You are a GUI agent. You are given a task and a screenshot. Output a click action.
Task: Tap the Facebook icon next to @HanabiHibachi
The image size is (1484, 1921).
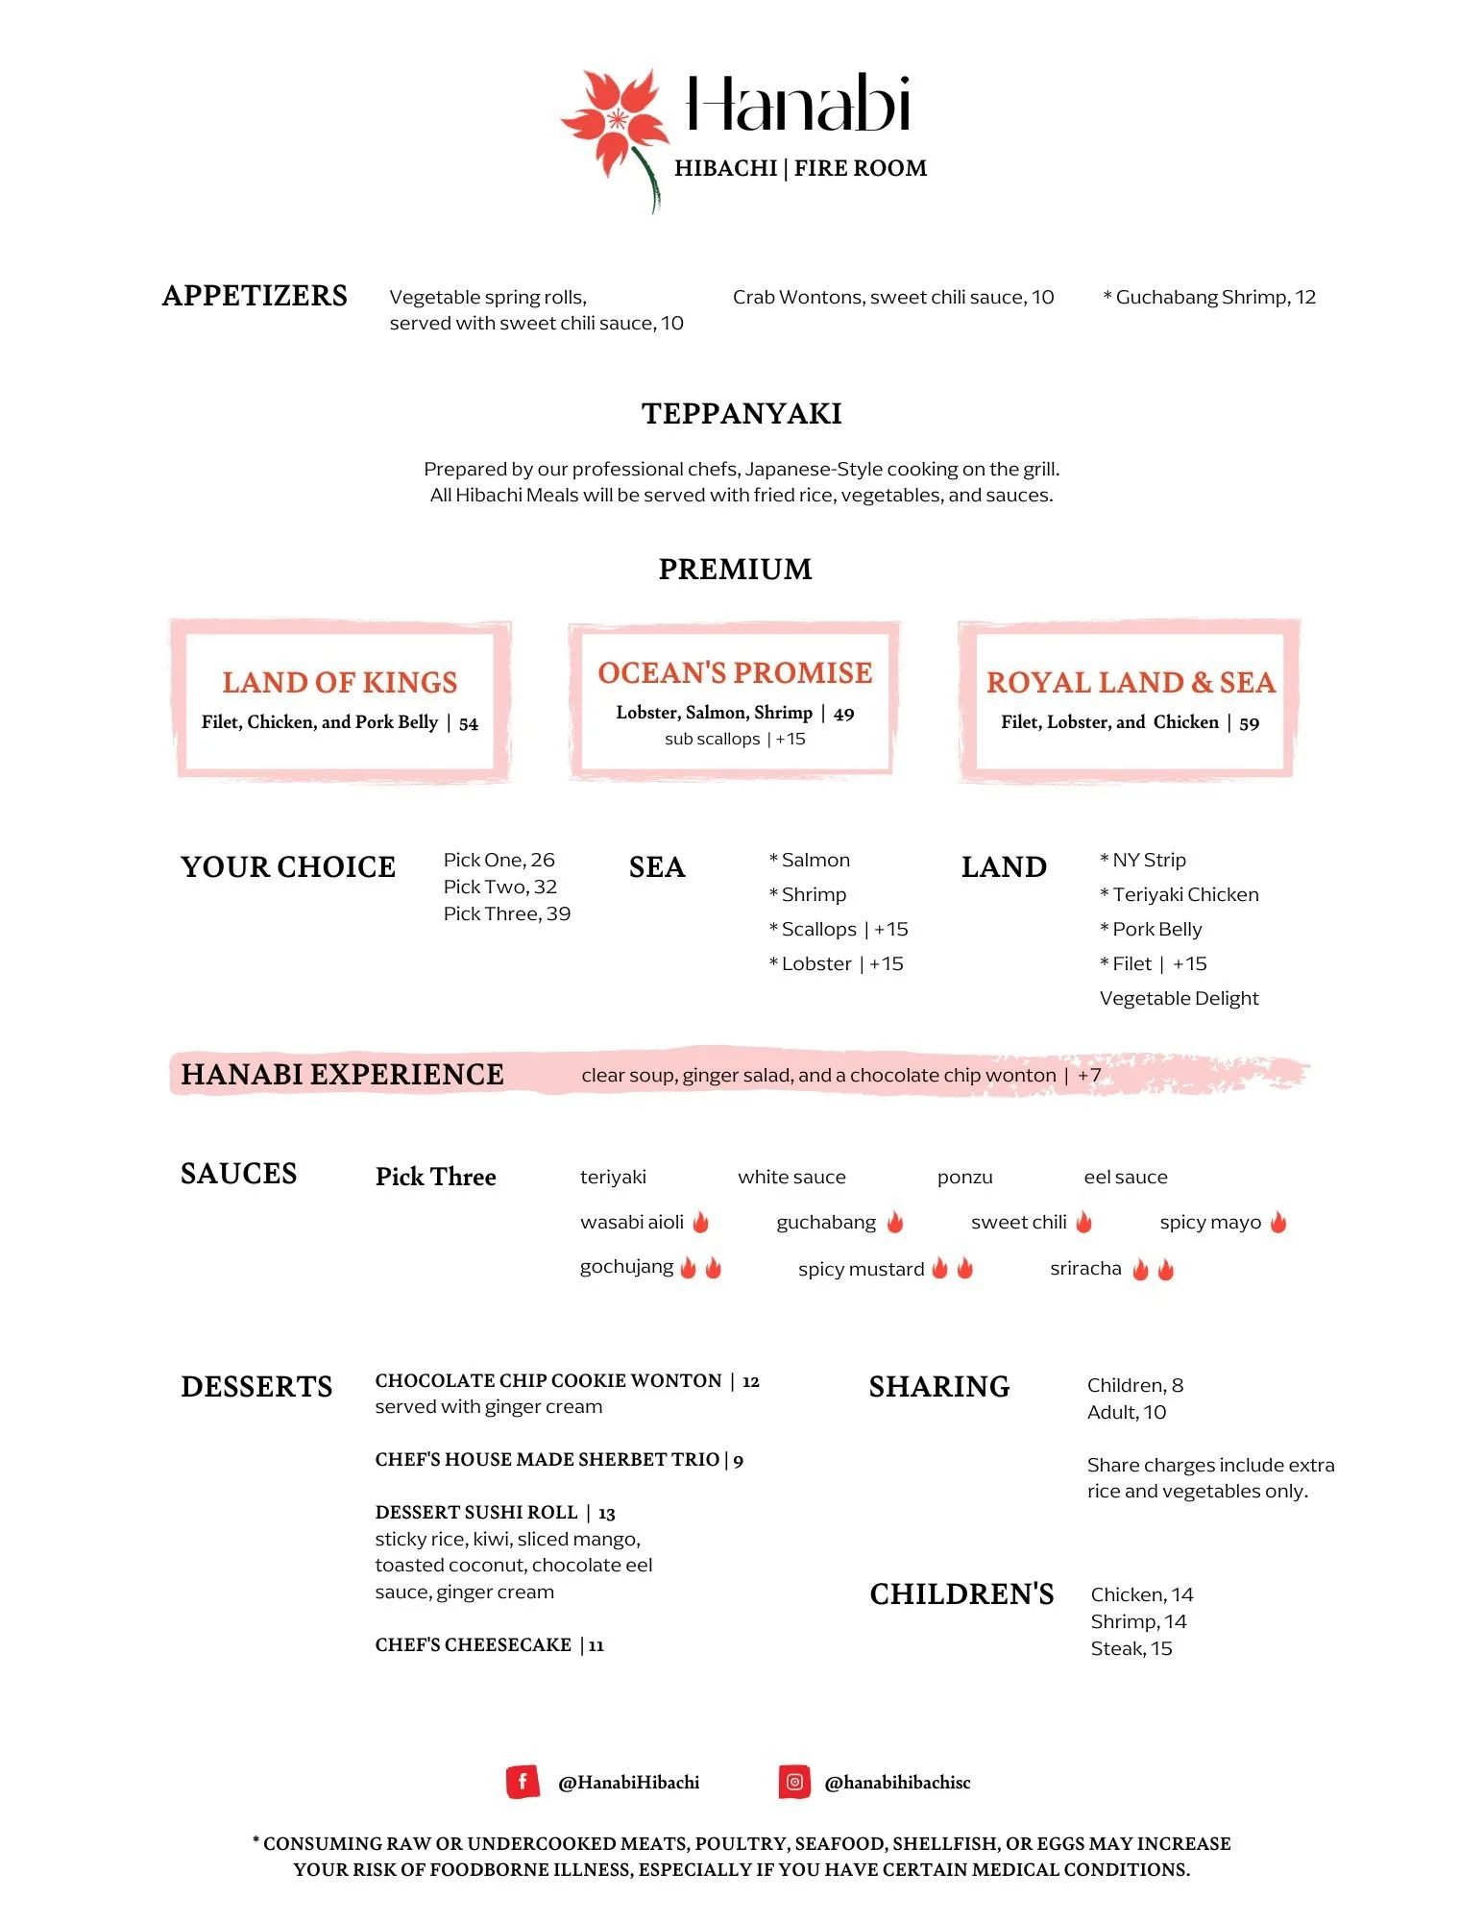pos(522,1782)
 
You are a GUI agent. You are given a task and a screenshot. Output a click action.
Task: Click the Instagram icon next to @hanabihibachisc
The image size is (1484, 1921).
pos(794,1782)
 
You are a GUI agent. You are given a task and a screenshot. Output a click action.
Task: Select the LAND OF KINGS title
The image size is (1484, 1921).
pos(340,682)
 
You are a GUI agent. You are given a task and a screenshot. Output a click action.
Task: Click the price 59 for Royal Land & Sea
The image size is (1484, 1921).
pos(1249,723)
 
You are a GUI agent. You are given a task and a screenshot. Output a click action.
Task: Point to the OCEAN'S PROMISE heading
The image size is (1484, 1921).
pos(735,672)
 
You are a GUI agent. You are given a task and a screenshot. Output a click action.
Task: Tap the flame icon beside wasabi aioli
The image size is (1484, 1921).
pos(701,1222)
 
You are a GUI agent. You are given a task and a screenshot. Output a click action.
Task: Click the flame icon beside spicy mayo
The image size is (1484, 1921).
pos(1278,1222)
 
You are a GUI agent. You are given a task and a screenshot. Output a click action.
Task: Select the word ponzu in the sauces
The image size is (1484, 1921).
pos(964,1177)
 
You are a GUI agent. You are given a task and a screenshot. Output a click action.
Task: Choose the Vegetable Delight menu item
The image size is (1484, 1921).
pos(1179,998)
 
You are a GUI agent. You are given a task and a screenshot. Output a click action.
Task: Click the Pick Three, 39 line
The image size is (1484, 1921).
pos(506,913)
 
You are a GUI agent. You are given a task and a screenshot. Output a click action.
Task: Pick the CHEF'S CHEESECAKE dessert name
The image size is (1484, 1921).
pos(474,1644)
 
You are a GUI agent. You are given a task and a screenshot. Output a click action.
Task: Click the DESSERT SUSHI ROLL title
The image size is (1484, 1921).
pos(476,1512)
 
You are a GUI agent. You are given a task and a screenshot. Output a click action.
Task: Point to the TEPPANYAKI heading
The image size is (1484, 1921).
pos(742,413)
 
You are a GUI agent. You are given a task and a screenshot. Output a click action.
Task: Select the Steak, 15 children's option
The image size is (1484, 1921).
pos(1131,1648)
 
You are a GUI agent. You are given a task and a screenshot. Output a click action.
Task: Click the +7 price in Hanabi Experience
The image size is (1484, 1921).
pos(1089,1075)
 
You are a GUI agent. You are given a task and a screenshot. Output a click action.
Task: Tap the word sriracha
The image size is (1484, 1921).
pos(1085,1268)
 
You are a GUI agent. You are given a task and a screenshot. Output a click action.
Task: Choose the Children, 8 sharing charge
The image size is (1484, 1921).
pos(1134,1385)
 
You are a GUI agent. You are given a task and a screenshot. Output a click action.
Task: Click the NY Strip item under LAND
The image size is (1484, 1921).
pos(1148,860)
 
